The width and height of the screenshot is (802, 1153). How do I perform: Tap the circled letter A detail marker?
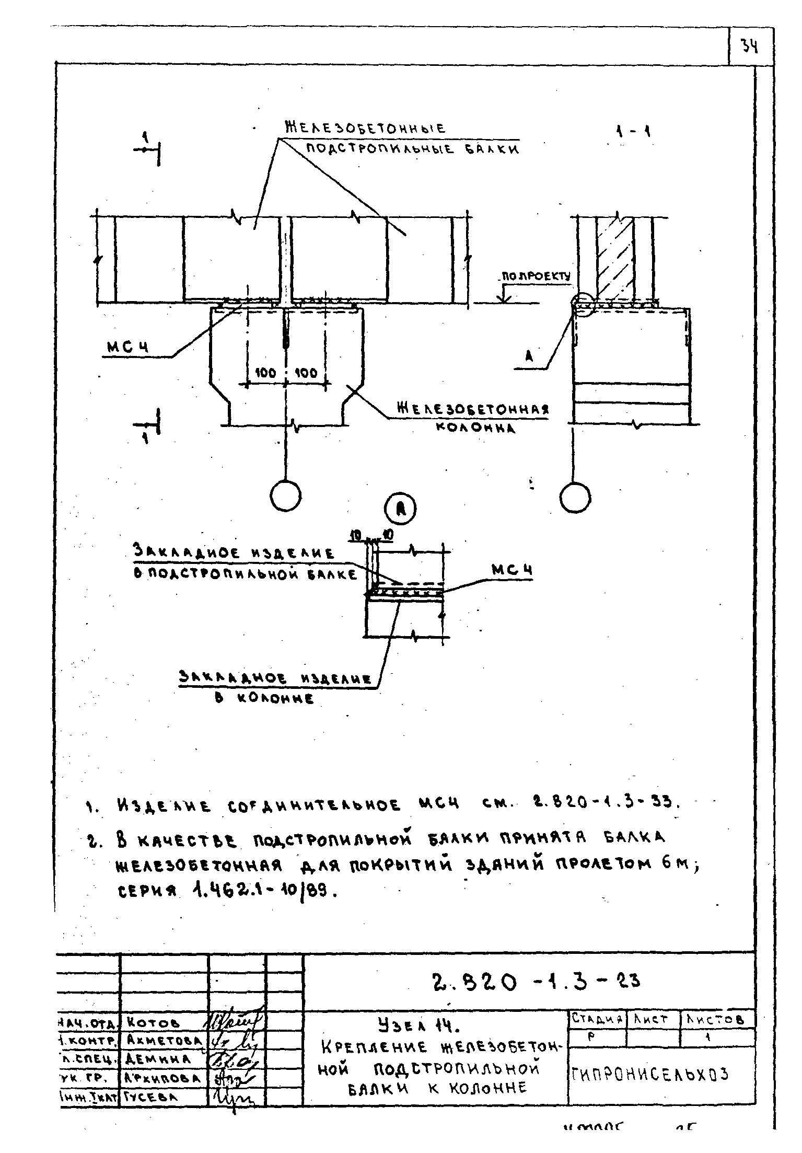click(401, 510)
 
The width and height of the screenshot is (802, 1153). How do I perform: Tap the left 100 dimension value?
click(265, 373)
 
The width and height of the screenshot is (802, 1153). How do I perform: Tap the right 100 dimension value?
click(306, 373)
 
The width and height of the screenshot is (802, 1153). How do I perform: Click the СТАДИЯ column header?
click(597, 1019)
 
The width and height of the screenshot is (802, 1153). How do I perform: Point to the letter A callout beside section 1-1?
click(529, 357)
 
